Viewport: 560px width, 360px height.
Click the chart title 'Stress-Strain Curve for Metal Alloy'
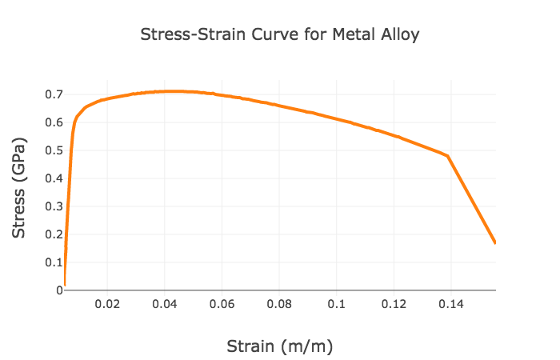pyautogui.click(x=279, y=35)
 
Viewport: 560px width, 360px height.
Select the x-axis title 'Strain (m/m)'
pyautogui.click(x=279, y=346)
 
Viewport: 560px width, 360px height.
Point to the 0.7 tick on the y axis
pyautogui.click(x=54, y=94)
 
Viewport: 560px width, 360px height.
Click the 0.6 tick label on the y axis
pyautogui.click(x=54, y=122)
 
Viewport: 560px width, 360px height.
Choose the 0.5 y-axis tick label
pyautogui.click(x=54, y=150)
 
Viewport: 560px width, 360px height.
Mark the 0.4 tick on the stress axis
pyautogui.click(x=54, y=178)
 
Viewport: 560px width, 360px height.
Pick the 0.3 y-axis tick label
pyautogui.click(x=54, y=206)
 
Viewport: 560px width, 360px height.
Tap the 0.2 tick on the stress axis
pyautogui.click(x=54, y=234)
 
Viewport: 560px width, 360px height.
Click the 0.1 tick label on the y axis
pyautogui.click(x=54, y=262)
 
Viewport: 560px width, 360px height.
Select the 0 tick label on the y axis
pyautogui.click(x=58, y=290)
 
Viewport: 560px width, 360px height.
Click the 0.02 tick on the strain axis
pyautogui.click(x=107, y=305)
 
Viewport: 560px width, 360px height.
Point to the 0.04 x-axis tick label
pyautogui.click(x=165, y=305)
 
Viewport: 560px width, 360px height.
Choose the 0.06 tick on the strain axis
pyautogui.click(x=222, y=305)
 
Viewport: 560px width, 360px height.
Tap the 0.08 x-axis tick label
pyautogui.click(x=279, y=305)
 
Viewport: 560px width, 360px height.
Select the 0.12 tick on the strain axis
pyautogui.click(x=394, y=305)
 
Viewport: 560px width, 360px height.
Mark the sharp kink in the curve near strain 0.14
pyautogui.click(x=447, y=155)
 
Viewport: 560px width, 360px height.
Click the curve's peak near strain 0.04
pyautogui.click(x=174, y=91)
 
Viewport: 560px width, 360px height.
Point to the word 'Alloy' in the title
pyautogui.click(x=400, y=35)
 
